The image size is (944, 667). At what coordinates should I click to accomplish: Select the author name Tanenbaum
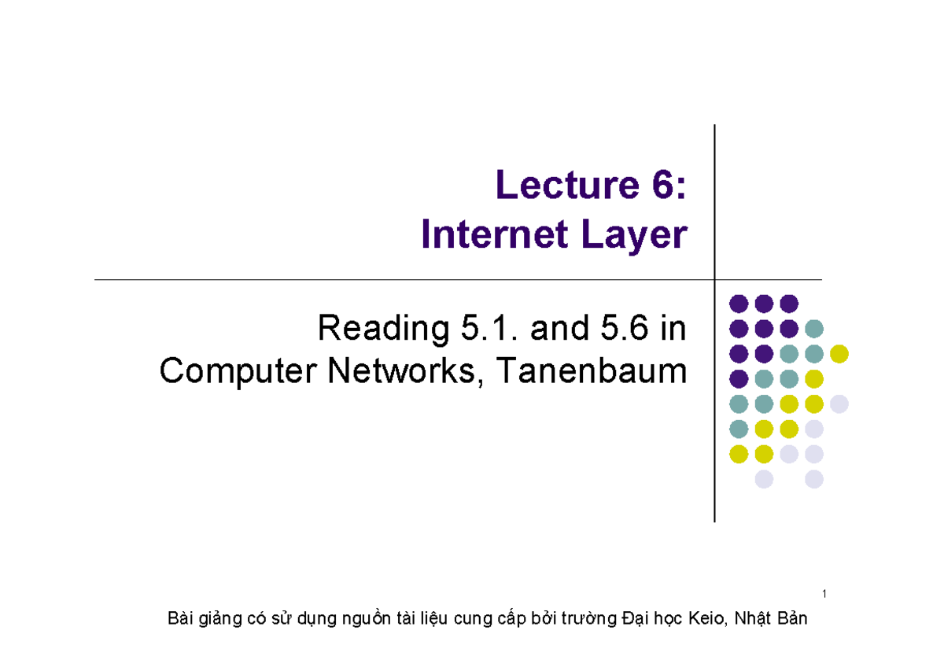point(602,371)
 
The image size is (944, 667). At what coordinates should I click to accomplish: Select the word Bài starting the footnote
point(180,620)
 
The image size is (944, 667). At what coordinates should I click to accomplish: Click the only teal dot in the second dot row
point(814,329)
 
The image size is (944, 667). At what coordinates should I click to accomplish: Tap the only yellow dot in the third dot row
point(839,354)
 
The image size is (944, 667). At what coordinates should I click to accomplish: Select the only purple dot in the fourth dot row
point(739,379)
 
